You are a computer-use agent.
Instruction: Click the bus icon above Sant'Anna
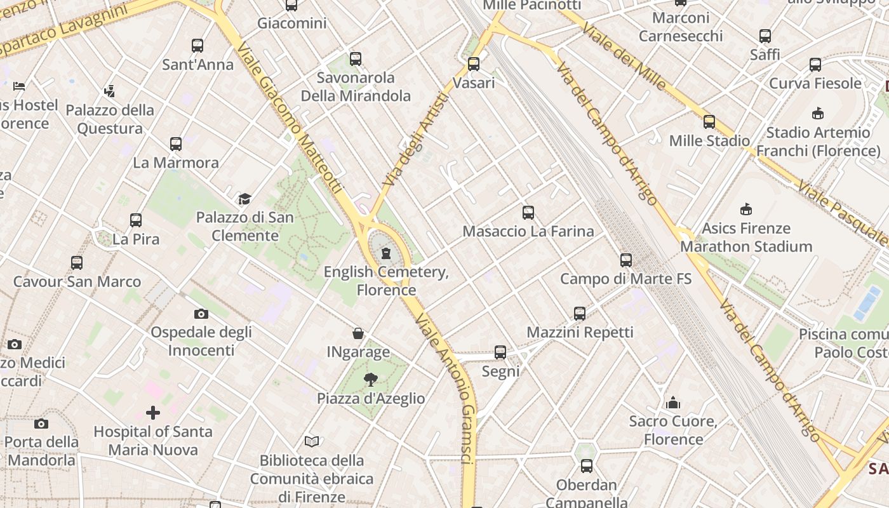click(197, 46)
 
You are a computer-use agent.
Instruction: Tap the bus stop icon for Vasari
click(474, 64)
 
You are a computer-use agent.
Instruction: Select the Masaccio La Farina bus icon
click(528, 213)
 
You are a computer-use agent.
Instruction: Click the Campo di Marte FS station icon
click(626, 260)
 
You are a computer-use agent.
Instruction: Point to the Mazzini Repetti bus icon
click(580, 313)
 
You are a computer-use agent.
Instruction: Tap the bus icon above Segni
click(500, 352)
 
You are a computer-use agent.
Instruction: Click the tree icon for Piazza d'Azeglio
click(371, 380)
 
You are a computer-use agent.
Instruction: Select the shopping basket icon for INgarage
click(358, 333)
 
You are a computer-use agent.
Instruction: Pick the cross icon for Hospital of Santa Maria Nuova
click(153, 413)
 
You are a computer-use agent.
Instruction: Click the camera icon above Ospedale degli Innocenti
click(201, 314)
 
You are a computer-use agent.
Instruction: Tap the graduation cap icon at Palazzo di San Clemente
click(245, 199)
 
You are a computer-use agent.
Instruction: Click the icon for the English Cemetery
click(385, 254)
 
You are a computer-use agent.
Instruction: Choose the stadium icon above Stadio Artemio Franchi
click(818, 114)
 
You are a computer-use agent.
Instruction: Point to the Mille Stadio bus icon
click(709, 122)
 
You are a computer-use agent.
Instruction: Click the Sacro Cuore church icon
click(673, 403)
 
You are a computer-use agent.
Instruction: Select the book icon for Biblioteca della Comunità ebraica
click(311, 441)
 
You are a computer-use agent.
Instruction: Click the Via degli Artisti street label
click(416, 140)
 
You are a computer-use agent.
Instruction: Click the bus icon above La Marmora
click(176, 144)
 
